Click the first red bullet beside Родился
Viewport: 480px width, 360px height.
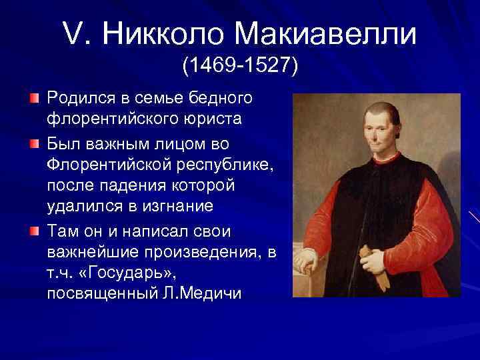click(34, 99)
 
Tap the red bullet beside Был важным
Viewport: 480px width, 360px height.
click(34, 142)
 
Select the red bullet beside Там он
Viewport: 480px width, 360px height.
click(34, 231)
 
